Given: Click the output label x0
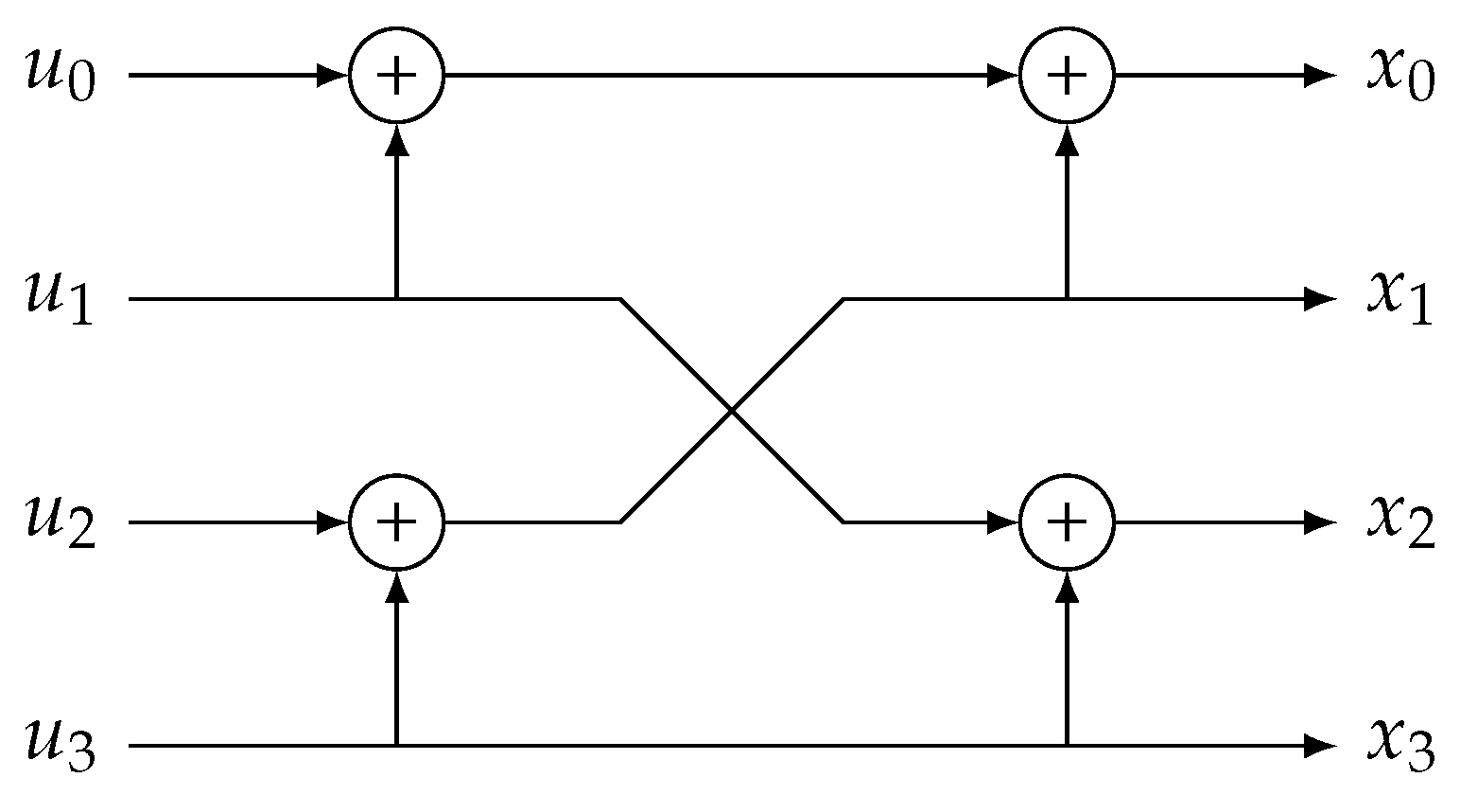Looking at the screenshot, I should (1400, 76).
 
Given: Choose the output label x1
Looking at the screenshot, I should (1400, 300).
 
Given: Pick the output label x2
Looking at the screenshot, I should (1400, 523).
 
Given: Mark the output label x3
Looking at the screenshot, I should (1400, 748).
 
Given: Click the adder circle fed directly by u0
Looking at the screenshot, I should (396, 75).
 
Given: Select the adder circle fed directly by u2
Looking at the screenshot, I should (396, 521).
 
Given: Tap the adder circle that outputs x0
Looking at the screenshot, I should (1067, 75).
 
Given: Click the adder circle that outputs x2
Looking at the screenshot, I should (1067, 521).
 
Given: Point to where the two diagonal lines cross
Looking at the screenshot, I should (732, 411).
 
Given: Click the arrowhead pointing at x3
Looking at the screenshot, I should (1318, 746).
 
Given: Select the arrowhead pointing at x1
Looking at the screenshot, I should (1318, 299).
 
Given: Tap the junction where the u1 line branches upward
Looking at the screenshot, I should (396, 299).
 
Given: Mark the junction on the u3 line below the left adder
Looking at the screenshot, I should (396, 746).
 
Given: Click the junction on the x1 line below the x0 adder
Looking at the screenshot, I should (1067, 299).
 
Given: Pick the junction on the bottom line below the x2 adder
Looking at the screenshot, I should (1067, 746).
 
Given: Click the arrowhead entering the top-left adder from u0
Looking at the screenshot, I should (334, 75).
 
